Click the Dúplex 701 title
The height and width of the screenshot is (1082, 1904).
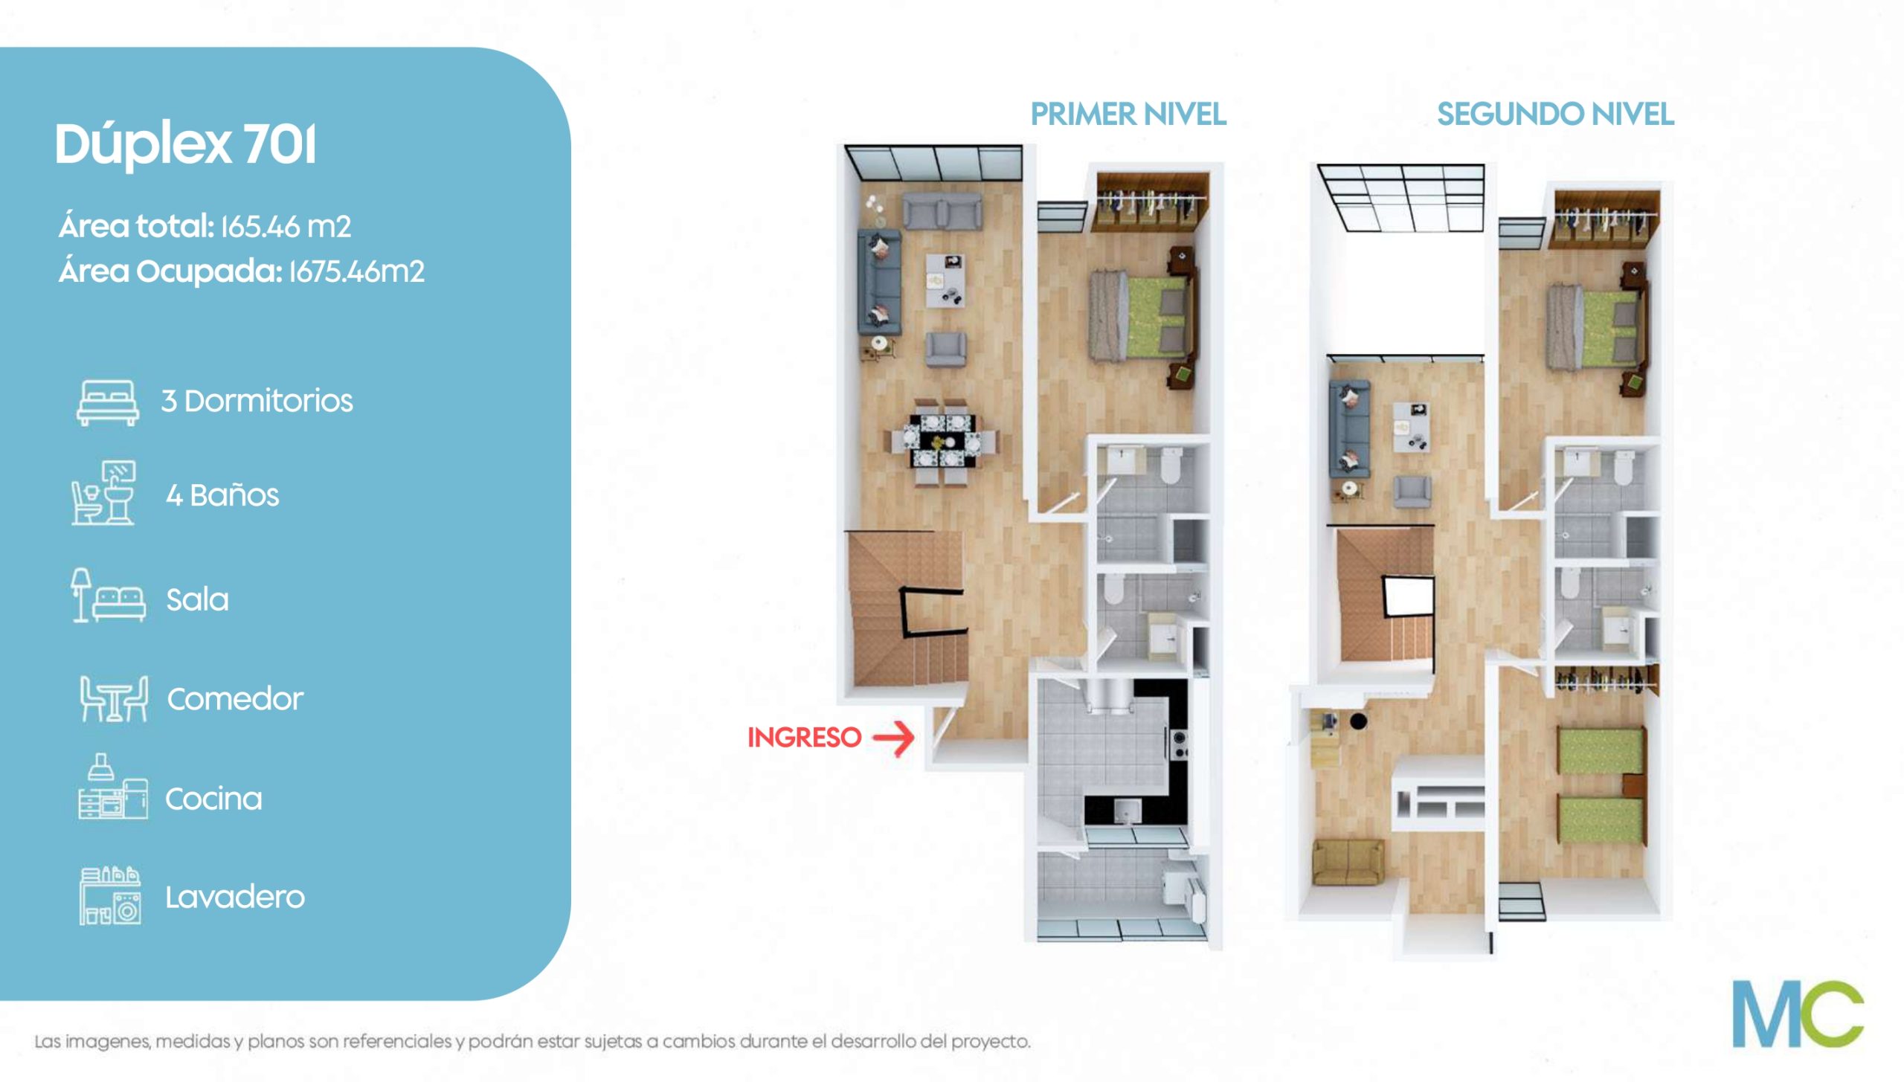point(185,144)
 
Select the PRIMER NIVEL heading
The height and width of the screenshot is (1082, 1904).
point(1128,115)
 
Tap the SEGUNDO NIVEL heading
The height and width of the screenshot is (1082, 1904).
point(1555,115)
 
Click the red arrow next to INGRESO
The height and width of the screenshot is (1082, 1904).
point(893,738)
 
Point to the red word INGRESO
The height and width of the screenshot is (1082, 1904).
point(804,738)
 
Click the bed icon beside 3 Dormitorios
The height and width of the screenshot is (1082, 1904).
point(108,402)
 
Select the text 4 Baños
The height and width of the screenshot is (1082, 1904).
point(222,495)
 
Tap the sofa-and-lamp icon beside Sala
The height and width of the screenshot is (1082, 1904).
point(109,596)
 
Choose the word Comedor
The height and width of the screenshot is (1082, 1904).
point(235,699)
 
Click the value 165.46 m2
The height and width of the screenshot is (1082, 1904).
point(286,226)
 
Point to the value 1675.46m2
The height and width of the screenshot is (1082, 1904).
point(356,271)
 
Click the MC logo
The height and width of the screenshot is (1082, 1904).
point(1798,1014)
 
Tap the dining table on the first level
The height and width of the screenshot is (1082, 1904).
point(943,442)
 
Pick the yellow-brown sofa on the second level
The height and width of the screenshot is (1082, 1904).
point(1348,863)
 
